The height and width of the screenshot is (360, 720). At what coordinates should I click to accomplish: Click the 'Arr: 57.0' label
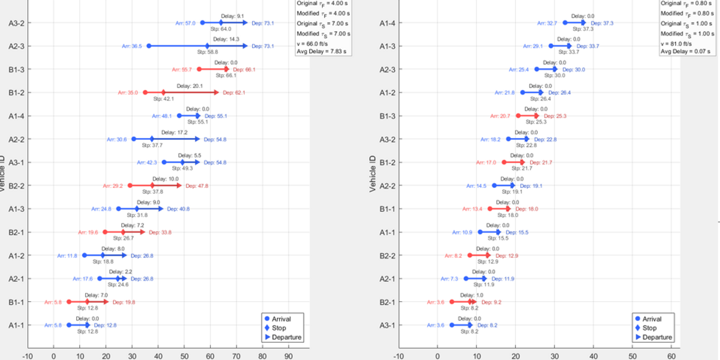pos(187,23)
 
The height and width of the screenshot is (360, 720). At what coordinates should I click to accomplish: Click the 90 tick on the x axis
pos(289,355)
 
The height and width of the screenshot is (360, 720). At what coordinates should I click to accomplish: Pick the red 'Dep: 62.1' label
pos(233,93)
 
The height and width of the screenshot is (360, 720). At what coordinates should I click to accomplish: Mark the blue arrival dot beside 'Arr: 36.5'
pos(149,46)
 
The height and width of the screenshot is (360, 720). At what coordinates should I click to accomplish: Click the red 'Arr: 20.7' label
pos(500,116)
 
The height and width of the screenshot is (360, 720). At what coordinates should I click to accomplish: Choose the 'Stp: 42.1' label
pos(163,99)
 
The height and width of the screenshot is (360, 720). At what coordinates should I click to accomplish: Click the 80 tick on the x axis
pos(262,355)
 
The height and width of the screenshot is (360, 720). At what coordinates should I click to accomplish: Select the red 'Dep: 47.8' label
pos(197,186)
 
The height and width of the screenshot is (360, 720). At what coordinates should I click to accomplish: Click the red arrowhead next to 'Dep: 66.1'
pos(227,70)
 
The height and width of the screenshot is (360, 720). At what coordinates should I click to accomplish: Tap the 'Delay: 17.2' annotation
pos(175,132)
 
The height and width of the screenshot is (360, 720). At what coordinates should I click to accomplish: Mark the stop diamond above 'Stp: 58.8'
pos(208,46)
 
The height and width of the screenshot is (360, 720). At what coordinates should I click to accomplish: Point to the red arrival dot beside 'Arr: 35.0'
pos(145,92)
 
